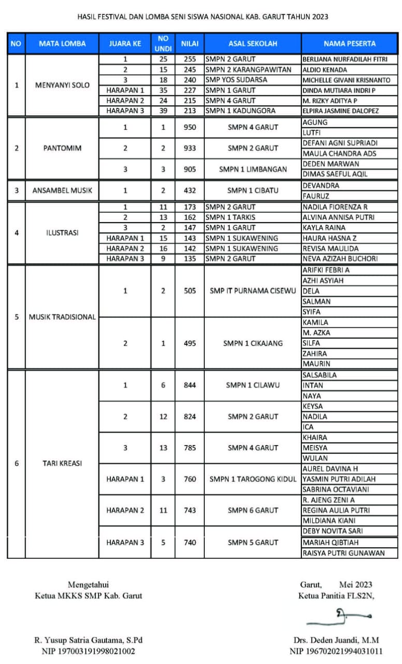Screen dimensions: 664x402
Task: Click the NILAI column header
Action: [x=189, y=44]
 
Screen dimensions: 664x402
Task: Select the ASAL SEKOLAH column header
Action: [x=253, y=44]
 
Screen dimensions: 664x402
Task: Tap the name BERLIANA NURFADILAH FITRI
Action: [x=345, y=59]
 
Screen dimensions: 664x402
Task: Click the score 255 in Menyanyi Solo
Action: [x=189, y=59]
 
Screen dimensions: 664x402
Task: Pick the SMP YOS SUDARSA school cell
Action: [x=237, y=80]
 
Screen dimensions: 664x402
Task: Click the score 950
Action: [x=189, y=127]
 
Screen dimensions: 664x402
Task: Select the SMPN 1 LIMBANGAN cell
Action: [x=253, y=169]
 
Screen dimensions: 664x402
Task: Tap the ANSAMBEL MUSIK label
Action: [x=62, y=190]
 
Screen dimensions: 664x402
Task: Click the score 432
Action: [x=189, y=190]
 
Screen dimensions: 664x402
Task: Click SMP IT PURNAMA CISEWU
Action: [x=253, y=291]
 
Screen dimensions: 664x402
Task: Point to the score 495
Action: [x=189, y=343]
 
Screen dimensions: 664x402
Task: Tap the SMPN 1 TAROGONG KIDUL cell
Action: [x=253, y=479]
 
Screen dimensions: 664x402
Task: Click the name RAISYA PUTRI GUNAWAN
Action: [x=343, y=553]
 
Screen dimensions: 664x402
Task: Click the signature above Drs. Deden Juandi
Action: [x=340, y=615]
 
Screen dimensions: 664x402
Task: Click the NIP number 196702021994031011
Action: [x=336, y=651]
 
